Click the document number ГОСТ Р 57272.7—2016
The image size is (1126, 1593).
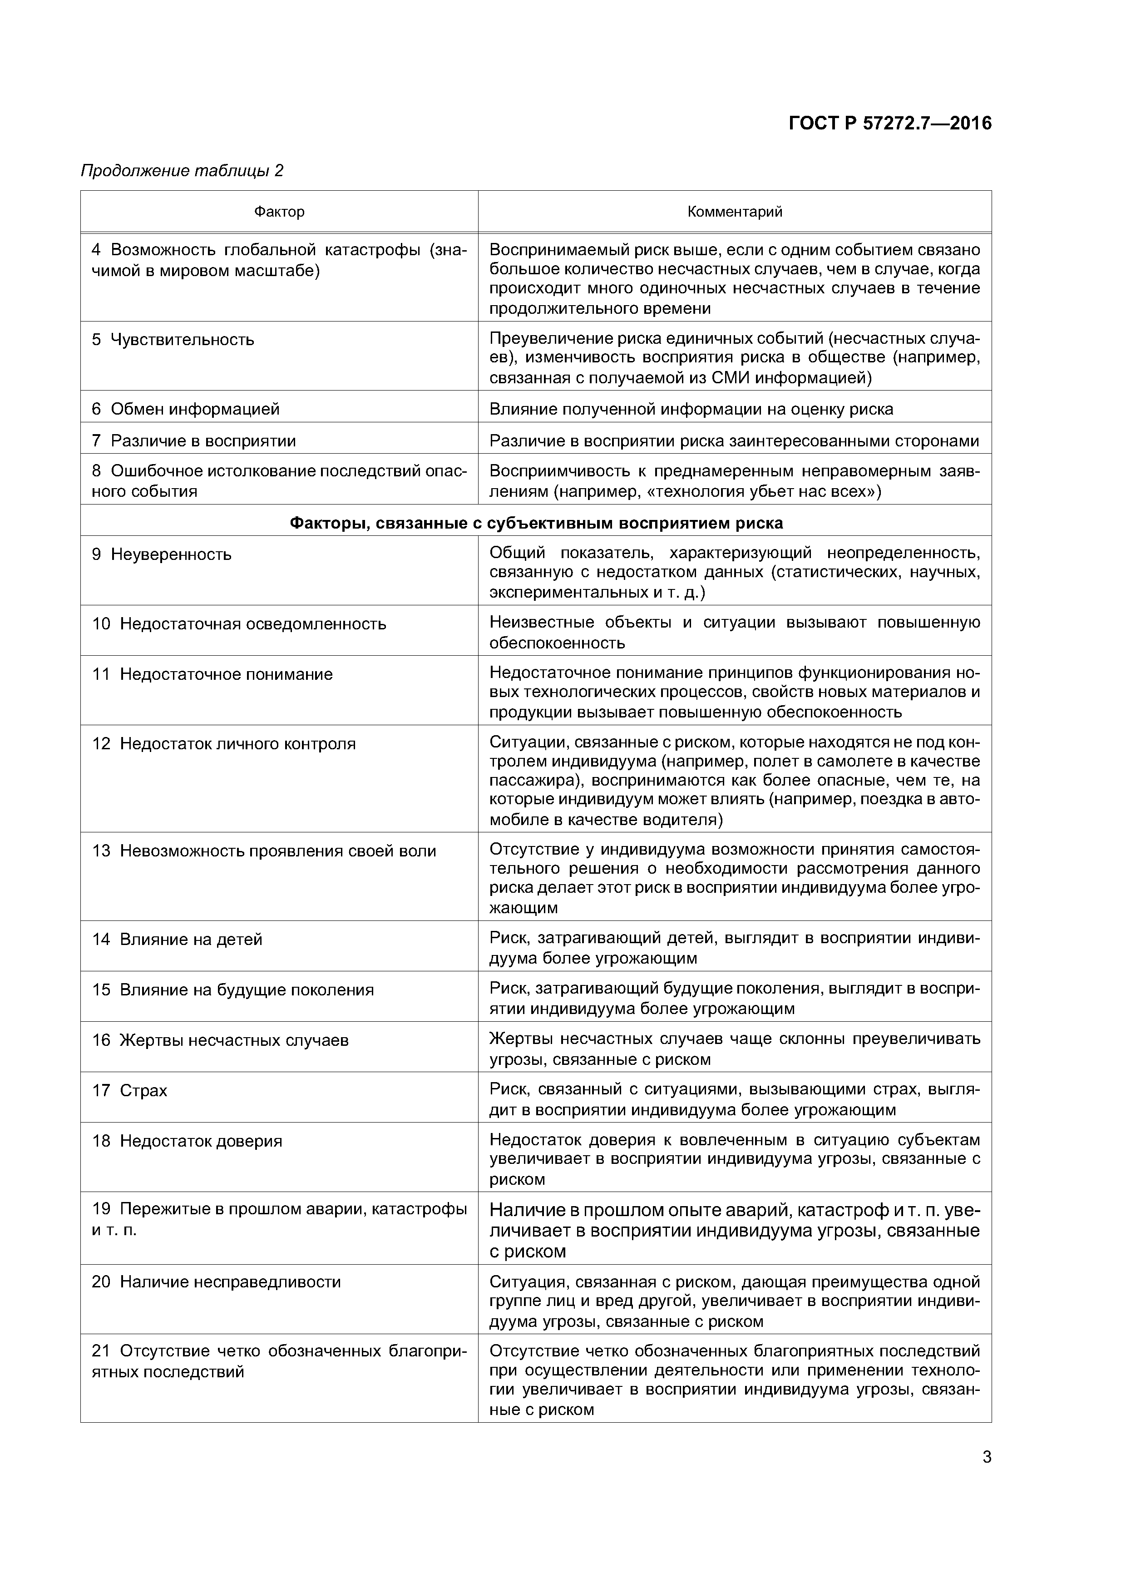[890, 124]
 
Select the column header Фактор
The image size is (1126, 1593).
[279, 212]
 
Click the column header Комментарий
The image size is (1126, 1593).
[735, 212]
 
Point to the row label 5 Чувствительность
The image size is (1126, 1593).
[173, 340]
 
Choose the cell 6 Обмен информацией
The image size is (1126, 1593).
[186, 409]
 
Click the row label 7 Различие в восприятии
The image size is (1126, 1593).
[194, 441]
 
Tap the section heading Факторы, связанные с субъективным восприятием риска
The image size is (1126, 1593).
[536, 523]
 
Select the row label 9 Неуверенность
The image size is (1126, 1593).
[162, 555]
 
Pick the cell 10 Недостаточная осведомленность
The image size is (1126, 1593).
[239, 624]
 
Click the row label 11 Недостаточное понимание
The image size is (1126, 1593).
[212, 674]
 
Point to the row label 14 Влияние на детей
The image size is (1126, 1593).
[178, 940]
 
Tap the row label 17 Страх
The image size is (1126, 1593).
[130, 1091]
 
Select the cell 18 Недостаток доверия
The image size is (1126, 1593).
[188, 1141]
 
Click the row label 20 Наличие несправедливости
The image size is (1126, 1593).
[217, 1282]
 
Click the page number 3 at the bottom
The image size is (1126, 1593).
[987, 1457]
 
